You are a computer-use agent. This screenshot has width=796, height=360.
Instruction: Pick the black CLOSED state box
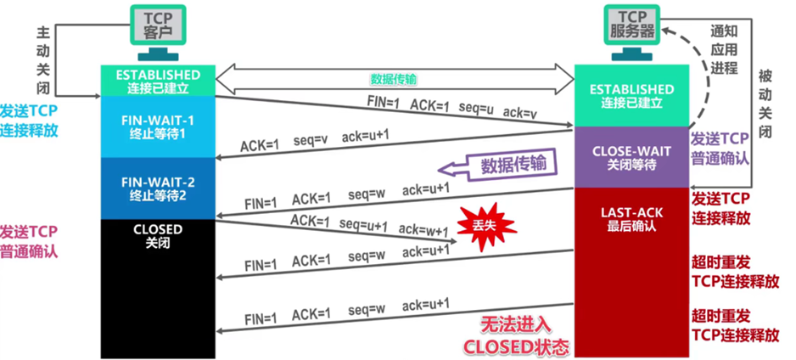158,289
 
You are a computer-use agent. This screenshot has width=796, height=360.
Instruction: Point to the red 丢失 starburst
481,227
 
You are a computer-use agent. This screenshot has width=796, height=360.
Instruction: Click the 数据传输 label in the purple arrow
514,164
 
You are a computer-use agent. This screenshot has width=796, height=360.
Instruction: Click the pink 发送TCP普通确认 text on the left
29,240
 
